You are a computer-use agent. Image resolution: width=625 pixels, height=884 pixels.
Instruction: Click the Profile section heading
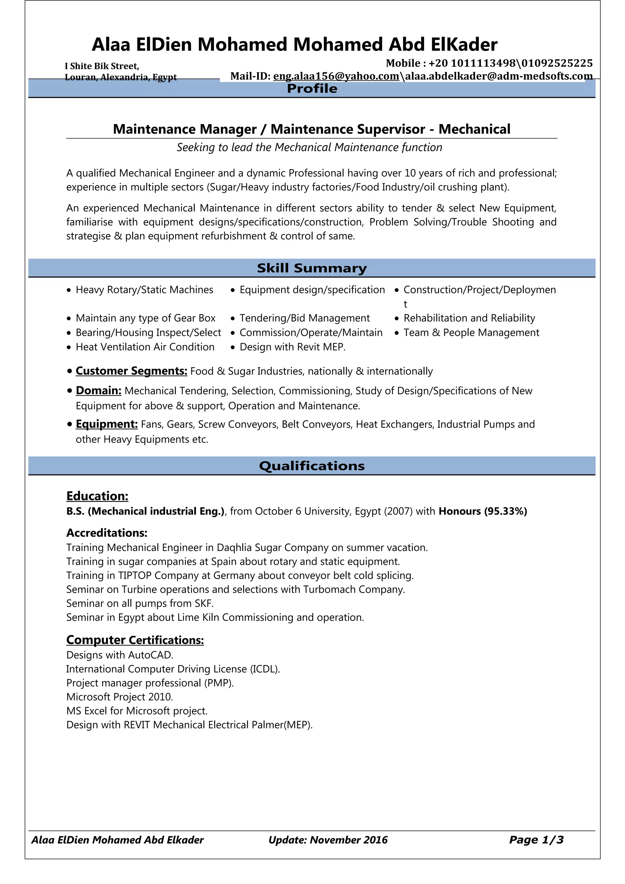[x=312, y=88]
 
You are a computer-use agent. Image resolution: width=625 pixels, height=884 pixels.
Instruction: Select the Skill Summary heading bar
[x=312, y=268]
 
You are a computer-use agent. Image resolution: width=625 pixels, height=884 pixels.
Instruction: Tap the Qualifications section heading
[x=312, y=466]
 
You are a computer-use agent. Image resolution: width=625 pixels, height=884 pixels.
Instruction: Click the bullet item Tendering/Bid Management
[x=304, y=318]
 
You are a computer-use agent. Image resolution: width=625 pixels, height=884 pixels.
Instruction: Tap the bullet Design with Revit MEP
[x=292, y=347]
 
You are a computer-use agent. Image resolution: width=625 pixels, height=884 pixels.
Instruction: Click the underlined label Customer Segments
[x=131, y=371]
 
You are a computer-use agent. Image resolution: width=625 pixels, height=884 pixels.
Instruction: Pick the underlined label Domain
[x=99, y=390]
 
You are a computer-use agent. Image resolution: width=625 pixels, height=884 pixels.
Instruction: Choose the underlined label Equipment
[x=107, y=424]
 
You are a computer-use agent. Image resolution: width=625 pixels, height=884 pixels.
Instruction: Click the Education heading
[x=97, y=496]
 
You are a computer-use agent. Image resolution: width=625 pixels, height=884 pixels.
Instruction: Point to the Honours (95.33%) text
[x=482, y=511]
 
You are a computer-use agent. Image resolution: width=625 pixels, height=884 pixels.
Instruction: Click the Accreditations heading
[x=107, y=533]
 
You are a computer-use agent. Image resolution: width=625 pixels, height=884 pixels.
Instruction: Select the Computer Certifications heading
[x=135, y=640]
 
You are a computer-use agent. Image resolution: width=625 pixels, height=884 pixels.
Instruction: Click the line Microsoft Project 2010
[x=120, y=697]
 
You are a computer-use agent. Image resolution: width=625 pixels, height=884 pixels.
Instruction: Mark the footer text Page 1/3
[x=536, y=840]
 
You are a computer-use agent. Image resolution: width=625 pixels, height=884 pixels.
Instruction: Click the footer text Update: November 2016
[x=328, y=840]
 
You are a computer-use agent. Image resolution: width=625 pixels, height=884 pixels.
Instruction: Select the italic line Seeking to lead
[x=309, y=147]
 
